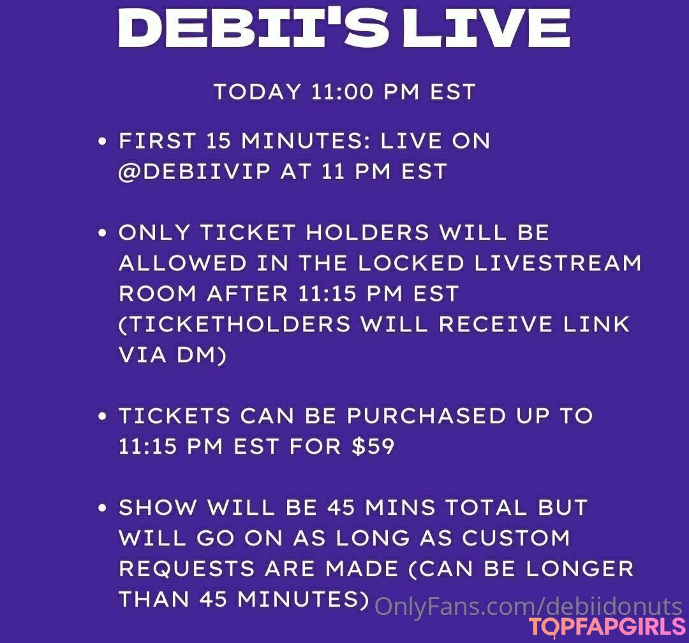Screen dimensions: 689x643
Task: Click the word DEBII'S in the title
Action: click(x=253, y=27)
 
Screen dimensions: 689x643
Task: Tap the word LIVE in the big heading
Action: click(x=486, y=27)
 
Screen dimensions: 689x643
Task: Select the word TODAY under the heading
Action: click(x=257, y=92)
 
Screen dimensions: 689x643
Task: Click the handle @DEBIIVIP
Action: click(x=195, y=171)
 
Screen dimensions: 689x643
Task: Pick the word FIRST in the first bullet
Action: click(x=158, y=141)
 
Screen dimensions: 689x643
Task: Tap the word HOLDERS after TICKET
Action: click(x=367, y=233)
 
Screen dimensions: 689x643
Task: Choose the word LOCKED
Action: click(x=411, y=263)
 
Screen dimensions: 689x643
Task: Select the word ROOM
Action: click(x=158, y=294)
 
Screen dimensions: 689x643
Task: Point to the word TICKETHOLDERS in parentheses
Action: click(x=235, y=324)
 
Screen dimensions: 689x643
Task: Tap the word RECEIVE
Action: click(x=495, y=324)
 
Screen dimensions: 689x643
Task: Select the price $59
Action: click(x=373, y=447)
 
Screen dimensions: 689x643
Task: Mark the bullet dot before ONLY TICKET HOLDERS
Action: click(x=102, y=233)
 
